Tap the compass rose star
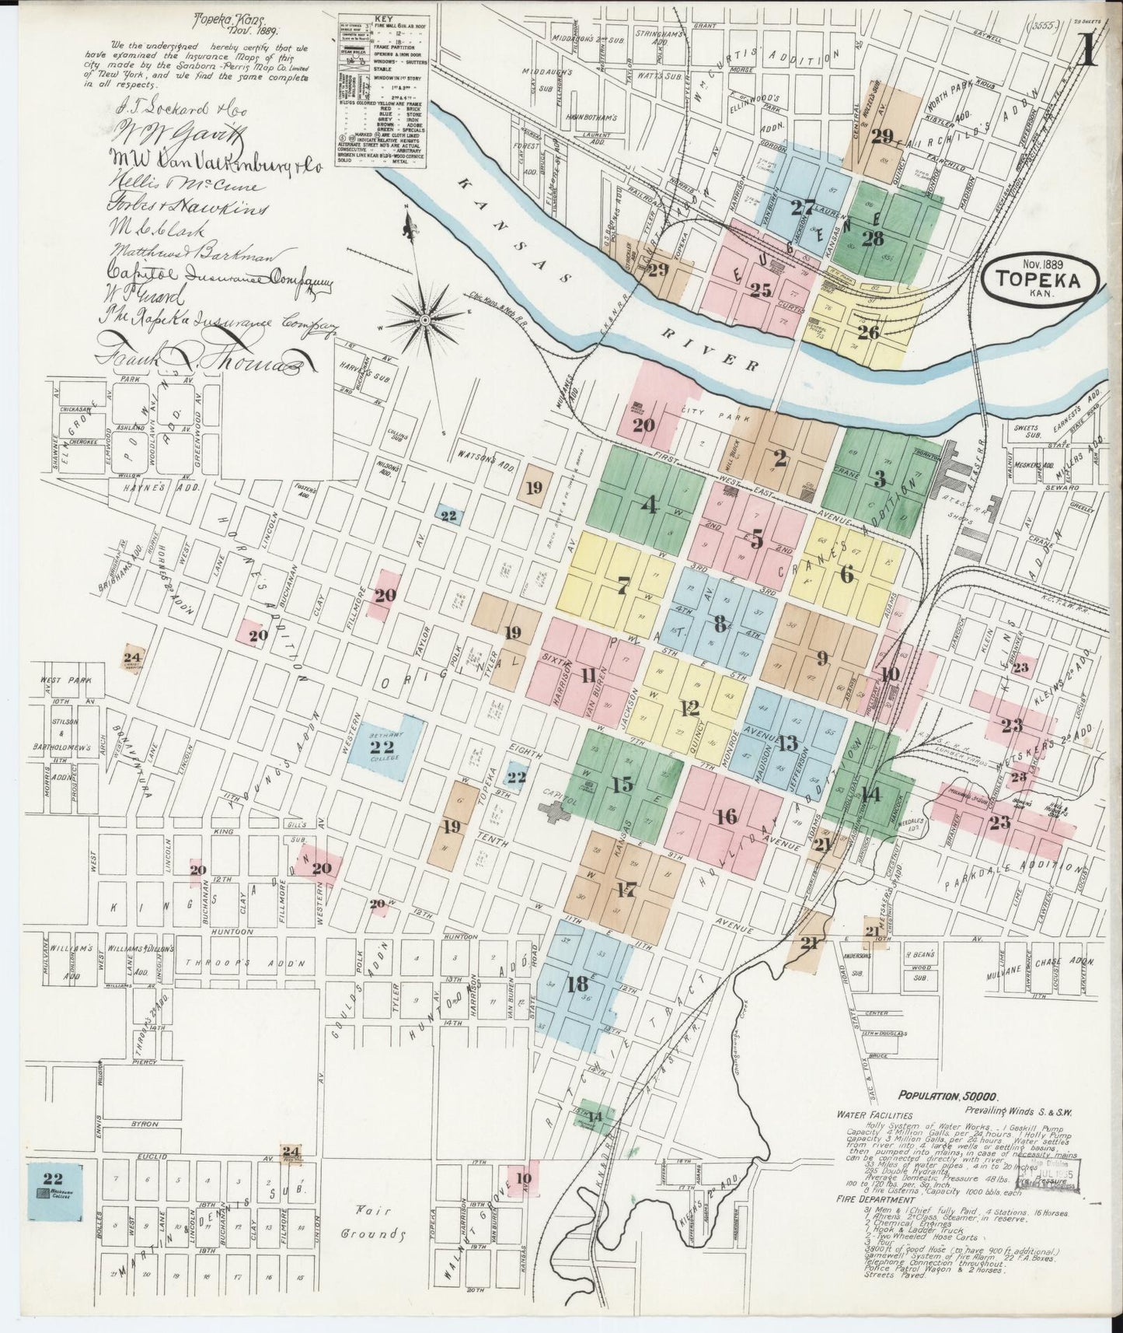(425, 320)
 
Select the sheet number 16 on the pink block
(728, 817)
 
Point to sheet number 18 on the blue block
(577, 984)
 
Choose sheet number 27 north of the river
(801, 208)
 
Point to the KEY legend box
(371, 88)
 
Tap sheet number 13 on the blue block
(787, 743)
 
